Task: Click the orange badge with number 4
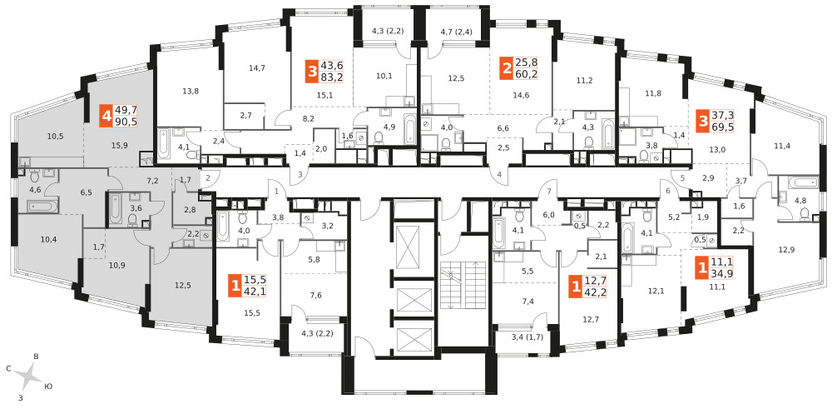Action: (107, 115)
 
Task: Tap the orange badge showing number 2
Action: (507, 68)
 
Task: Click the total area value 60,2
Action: (526, 74)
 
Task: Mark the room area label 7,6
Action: (315, 295)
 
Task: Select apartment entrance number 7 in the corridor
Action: (550, 191)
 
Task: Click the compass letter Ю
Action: (49, 387)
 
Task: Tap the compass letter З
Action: (21, 397)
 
